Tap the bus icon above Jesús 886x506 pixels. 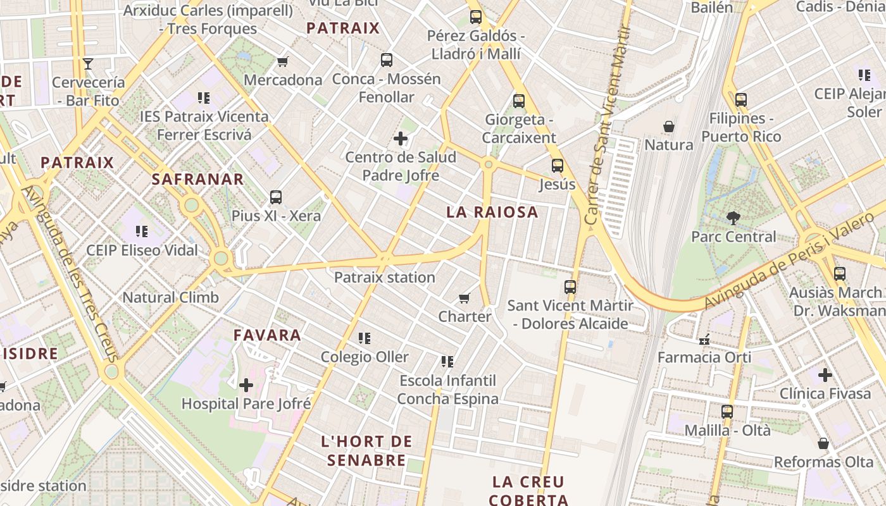[x=557, y=166]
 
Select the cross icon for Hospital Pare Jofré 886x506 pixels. [x=246, y=385]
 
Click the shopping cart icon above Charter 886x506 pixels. [x=465, y=298]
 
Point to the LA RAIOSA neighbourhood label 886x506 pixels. [x=492, y=213]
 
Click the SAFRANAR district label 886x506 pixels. [x=197, y=180]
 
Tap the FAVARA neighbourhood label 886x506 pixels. [x=267, y=335]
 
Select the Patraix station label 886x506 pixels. [x=384, y=278]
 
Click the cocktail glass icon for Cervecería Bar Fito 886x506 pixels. [x=88, y=64]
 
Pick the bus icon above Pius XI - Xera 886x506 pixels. [x=276, y=197]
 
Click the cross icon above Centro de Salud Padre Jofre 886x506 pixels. [x=400, y=139]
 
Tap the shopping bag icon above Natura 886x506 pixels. [x=668, y=127]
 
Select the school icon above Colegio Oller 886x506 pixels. [x=364, y=339]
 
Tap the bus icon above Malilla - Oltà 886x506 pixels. [x=727, y=412]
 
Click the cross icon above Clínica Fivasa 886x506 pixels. [x=825, y=375]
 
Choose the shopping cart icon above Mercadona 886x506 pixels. [x=282, y=62]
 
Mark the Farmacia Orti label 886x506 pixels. [x=704, y=357]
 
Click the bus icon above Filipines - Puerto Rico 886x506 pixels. [x=740, y=100]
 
